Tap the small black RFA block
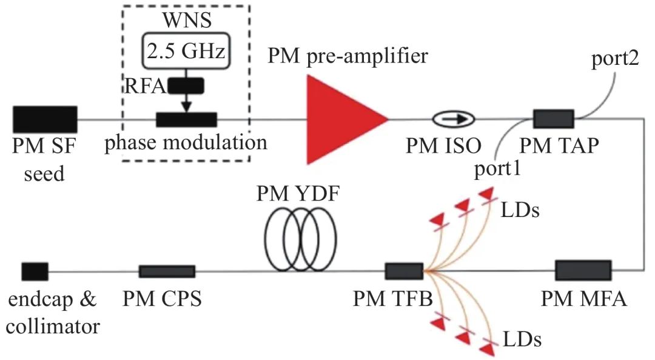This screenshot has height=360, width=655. click(186, 86)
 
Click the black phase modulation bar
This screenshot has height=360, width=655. click(186, 119)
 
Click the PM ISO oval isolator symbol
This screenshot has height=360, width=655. click(454, 119)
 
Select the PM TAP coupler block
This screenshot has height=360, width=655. click(553, 119)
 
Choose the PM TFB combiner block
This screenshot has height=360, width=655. click(404, 271)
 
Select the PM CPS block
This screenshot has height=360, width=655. click(167, 271)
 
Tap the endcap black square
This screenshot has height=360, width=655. click(35, 271)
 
